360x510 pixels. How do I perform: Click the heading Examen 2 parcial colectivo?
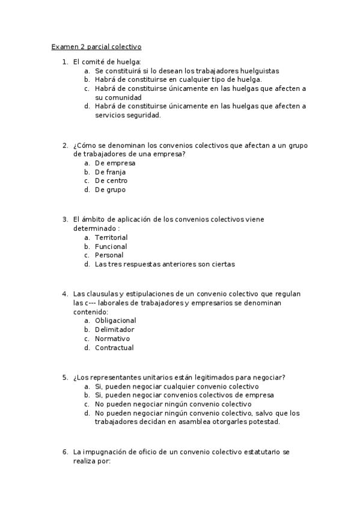(x=96, y=46)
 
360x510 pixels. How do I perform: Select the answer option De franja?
(x=111, y=172)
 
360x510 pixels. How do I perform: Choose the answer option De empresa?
(x=115, y=163)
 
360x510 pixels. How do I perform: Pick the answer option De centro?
(x=111, y=181)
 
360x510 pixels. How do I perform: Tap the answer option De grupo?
(x=110, y=190)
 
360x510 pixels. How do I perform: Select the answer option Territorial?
(x=111, y=238)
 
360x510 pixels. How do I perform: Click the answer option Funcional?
(x=111, y=247)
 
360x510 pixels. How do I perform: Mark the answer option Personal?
(x=109, y=255)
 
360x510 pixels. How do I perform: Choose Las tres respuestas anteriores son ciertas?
(x=165, y=264)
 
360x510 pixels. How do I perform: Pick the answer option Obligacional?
(x=115, y=321)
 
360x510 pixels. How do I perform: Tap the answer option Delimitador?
(x=114, y=330)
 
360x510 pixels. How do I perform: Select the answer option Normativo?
(x=112, y=339)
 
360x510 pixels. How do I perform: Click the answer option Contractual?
(x=114, y=348)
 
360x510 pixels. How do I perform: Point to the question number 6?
(x=65, y=452)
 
